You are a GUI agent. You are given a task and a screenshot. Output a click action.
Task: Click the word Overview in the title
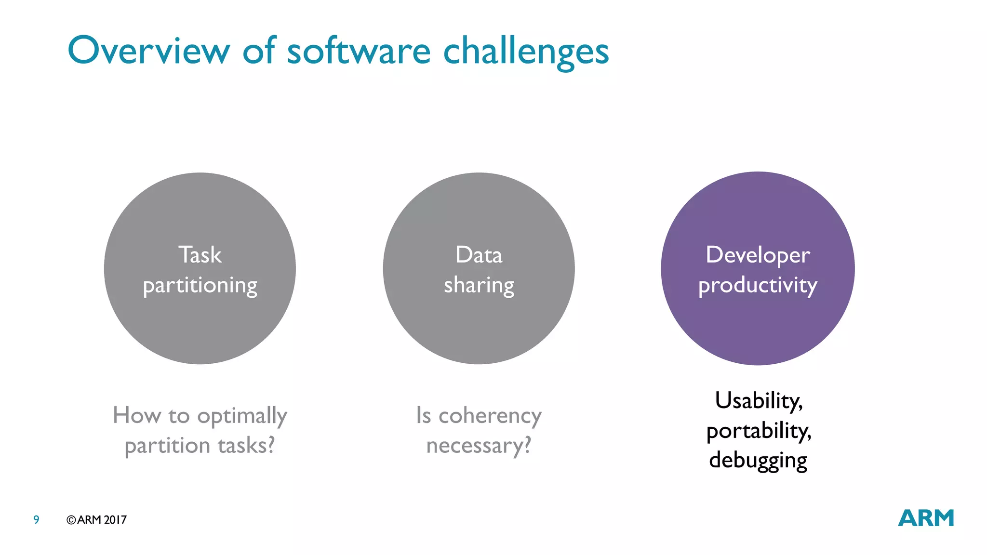click(148, 51)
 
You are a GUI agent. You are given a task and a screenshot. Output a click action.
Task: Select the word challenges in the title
click(526, 52)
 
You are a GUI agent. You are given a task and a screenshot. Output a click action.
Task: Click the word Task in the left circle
click(200, 255)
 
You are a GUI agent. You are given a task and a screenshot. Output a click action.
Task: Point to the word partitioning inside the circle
click(200, 286)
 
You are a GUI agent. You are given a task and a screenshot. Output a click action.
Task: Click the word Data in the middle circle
click(479, 255)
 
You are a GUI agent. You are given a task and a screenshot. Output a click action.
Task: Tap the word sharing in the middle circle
click(479, 286)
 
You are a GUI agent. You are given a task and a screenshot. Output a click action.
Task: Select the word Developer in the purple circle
click(758, 255)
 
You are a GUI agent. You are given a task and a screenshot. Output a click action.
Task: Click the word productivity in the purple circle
click(758, 286)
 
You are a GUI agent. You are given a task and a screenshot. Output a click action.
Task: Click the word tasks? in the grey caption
click(246, 446)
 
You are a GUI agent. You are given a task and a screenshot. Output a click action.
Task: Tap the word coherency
click(490, 416)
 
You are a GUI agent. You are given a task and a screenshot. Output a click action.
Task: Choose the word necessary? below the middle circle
click(479, 446)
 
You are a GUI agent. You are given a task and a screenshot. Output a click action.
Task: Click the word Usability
click(759, 401)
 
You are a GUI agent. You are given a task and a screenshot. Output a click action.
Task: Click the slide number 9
click(36, 520)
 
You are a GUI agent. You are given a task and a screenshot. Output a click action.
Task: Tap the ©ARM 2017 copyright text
click(96, 520)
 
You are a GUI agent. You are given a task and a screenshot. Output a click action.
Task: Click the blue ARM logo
click(926, 518)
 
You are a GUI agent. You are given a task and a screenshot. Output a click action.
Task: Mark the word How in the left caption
click(136, 415)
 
